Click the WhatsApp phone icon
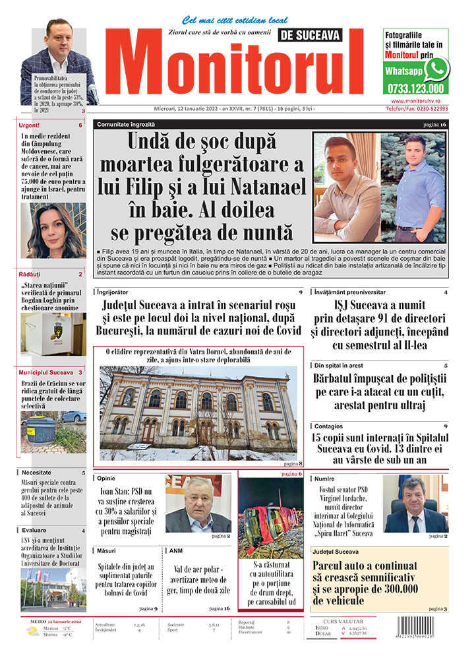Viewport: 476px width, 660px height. click(436, 69)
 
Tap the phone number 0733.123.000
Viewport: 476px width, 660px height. click(415, 88)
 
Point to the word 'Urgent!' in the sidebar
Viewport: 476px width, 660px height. click(29, 125)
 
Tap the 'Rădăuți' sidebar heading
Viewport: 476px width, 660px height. click(30, 274)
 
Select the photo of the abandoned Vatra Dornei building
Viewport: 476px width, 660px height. click(198, 412)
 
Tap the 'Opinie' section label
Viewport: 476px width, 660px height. click(107, 478)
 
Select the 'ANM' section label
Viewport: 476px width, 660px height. click(176, 550)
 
